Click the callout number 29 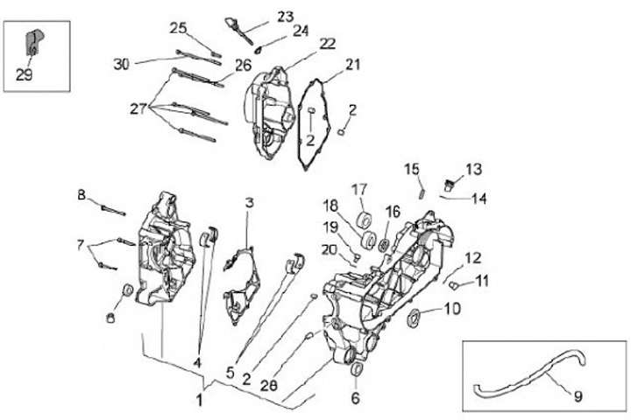point(25,75)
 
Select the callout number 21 point(352,64)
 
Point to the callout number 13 point(473,169)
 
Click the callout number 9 point(578,395)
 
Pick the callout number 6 point(355,398)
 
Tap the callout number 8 point(82,195)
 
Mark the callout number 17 point(359,189)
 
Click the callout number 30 point(122,63)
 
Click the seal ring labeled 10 point(415,316)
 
